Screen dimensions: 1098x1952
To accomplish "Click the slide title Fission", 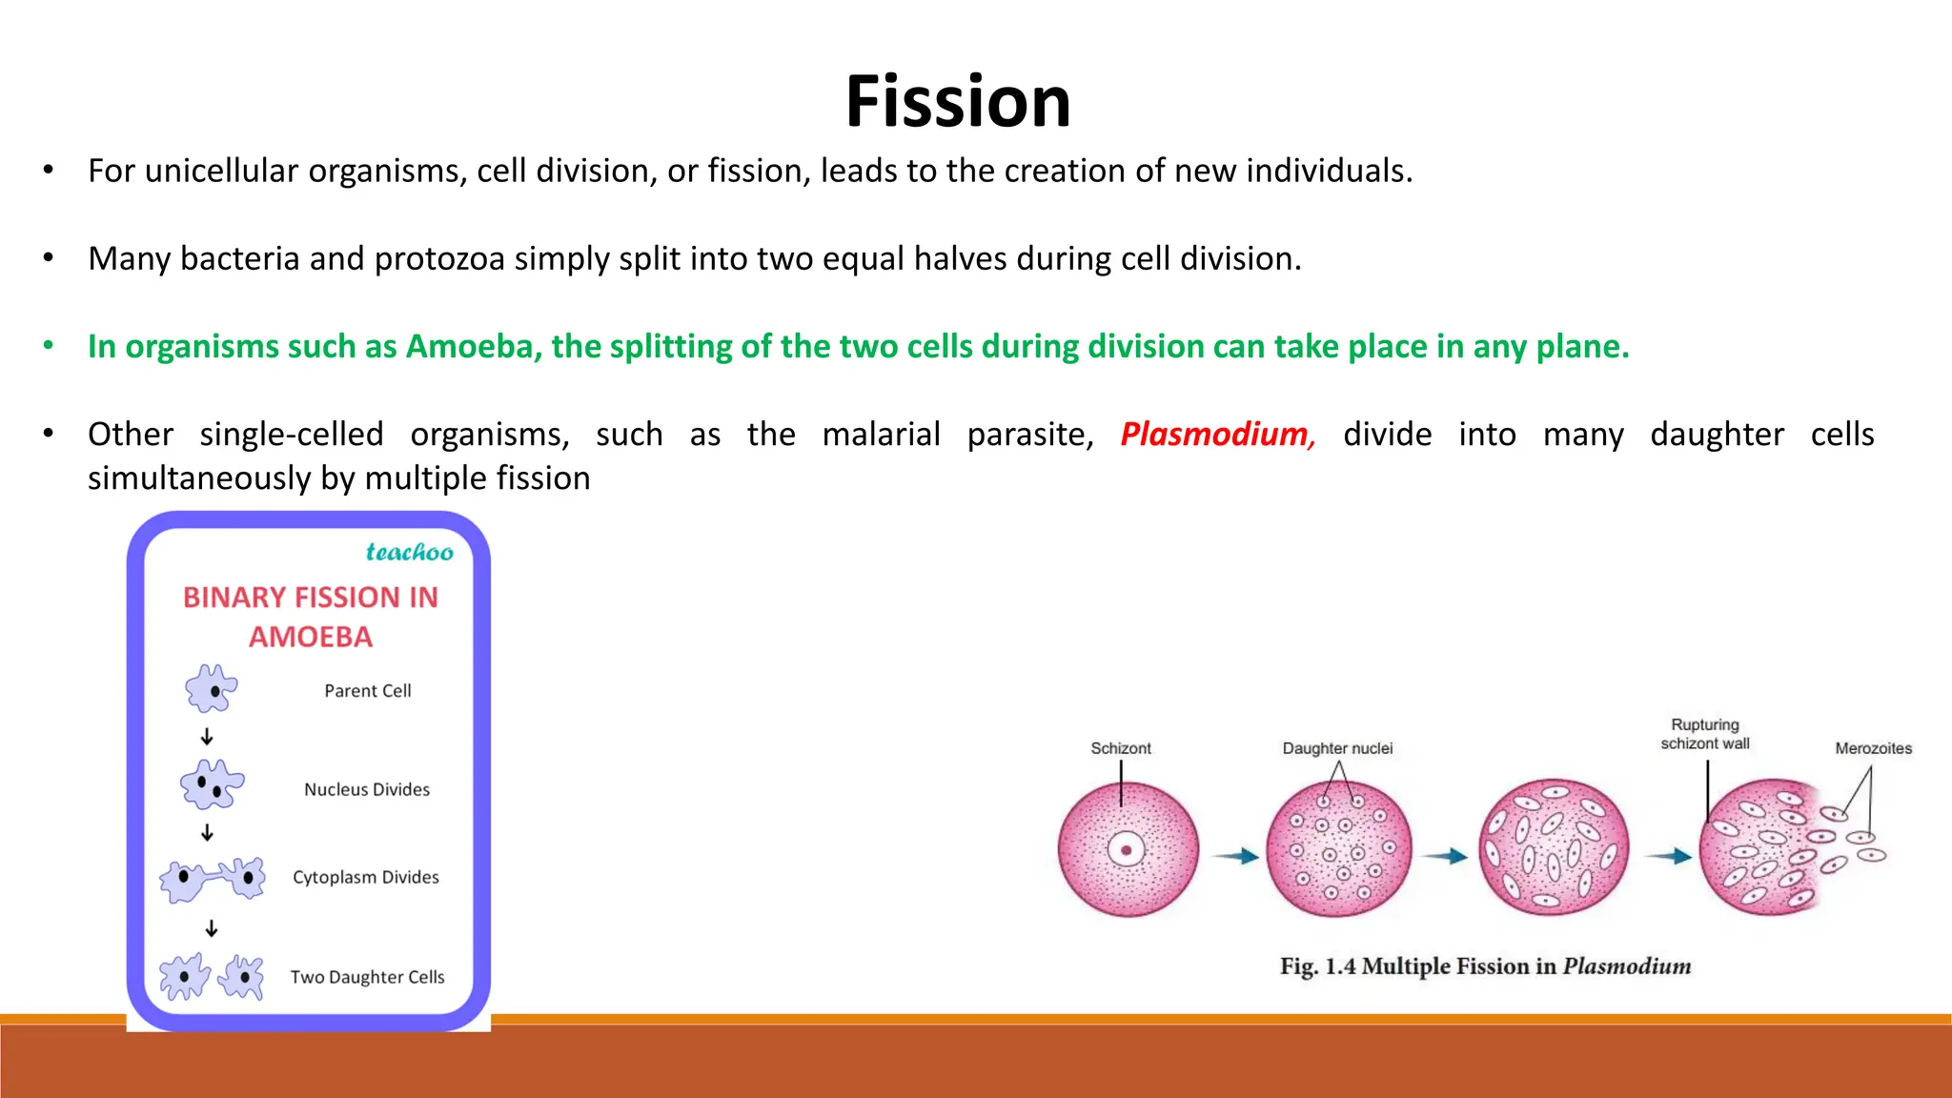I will (x=958, y=102).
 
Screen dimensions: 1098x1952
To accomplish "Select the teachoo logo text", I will (x=410, y=553).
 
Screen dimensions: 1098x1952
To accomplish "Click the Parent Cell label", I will (x=368, y=691).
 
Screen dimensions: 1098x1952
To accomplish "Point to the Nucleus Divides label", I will (x=367, y=790).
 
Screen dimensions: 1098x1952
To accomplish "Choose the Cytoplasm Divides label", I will (x=366, y=878).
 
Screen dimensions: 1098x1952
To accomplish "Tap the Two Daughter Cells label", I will (x=368, y=978).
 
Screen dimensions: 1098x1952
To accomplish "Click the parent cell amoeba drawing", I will (x=212, y=689).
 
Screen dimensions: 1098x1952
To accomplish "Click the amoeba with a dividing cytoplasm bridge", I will (x=213, y=878).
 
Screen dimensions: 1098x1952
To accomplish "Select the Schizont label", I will (x=1121, y=749).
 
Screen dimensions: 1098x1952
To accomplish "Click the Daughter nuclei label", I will (x=1337, y=749).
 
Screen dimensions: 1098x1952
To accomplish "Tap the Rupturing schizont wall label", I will (x=1705, y=735).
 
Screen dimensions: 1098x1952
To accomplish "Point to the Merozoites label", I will (x=1873, y=749).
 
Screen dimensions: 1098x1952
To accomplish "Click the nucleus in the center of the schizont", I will (x=1127, y=850).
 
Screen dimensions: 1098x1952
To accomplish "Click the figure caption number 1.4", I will (x=1340, y=966).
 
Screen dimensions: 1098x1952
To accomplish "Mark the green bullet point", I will (x=49, y=346).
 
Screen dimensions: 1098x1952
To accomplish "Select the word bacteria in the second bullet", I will (x=240, y=259).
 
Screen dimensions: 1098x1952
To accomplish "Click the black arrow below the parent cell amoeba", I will (x=207, y=738).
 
